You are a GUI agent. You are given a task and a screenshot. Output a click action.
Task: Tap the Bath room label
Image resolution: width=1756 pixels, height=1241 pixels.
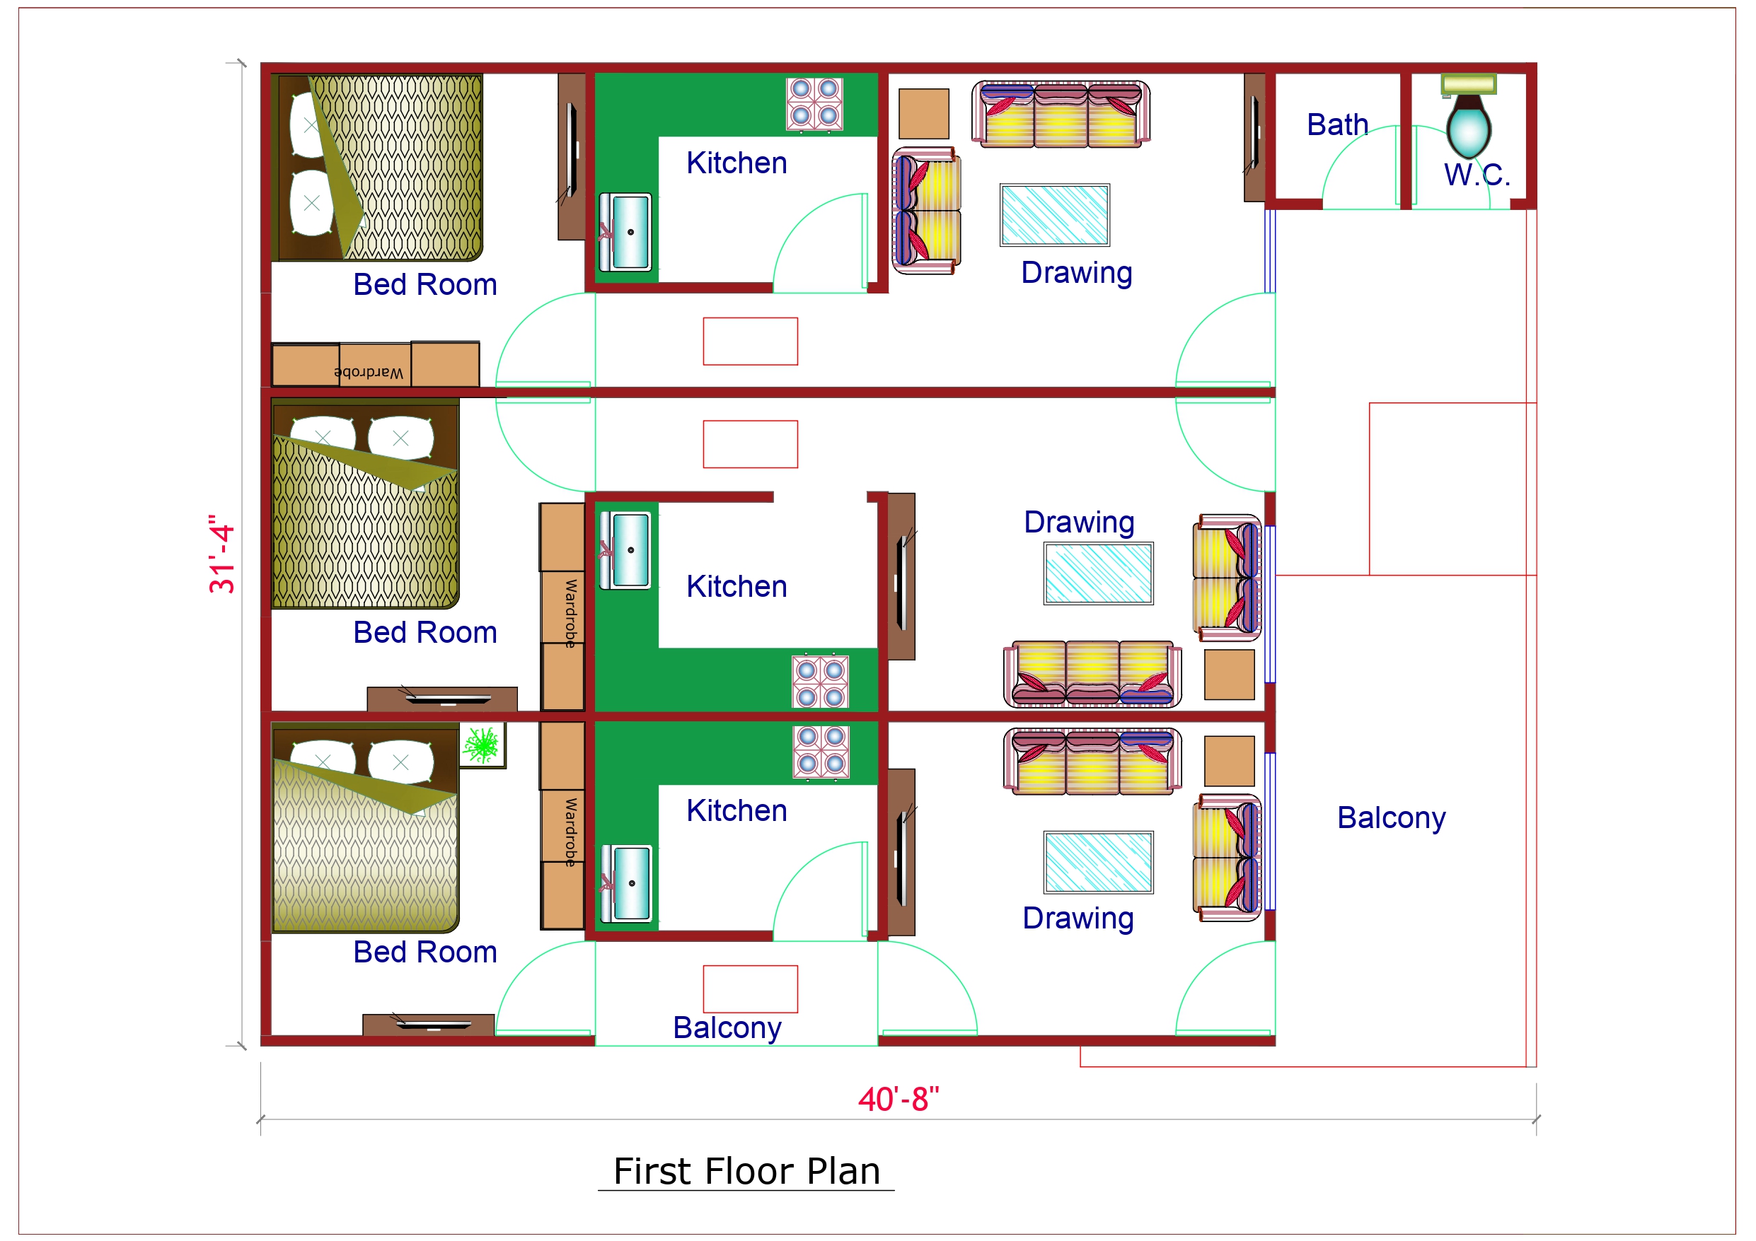1337,124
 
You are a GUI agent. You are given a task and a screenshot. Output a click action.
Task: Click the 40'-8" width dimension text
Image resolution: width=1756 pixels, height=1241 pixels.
898,1100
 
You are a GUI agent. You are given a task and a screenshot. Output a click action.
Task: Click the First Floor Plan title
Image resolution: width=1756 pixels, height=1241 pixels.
746,1171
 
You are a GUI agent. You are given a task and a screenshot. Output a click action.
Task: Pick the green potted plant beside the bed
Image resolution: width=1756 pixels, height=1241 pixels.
482,744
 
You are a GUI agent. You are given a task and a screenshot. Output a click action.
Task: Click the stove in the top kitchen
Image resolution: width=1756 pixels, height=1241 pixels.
814,103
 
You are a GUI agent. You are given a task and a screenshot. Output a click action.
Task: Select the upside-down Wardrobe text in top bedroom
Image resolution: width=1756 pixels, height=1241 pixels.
369,373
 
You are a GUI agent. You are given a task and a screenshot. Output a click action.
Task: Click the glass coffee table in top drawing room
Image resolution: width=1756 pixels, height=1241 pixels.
1054,215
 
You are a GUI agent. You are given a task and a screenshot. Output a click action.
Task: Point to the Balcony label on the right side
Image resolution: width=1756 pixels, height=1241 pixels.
1390,817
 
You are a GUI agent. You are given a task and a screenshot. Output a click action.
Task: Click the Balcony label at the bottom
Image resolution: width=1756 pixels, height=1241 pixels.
727,1027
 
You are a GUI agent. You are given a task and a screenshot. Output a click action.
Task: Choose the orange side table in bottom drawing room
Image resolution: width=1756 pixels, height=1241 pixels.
1229,761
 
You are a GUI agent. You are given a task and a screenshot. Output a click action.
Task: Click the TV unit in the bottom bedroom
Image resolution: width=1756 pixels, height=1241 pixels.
428,1025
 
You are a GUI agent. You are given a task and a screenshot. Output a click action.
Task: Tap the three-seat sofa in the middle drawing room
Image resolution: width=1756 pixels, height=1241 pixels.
1092,674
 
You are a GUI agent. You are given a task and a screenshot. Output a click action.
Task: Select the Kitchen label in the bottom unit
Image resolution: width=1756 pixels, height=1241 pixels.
736,810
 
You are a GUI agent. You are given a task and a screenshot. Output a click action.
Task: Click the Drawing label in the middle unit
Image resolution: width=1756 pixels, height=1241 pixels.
1078,523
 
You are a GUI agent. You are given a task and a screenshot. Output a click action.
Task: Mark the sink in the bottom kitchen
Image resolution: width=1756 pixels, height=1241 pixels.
626,883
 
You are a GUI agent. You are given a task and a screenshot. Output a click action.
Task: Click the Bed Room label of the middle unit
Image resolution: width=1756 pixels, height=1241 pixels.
424,632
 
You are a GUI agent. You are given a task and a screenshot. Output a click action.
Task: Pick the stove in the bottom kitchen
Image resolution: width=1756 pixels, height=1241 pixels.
821,752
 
